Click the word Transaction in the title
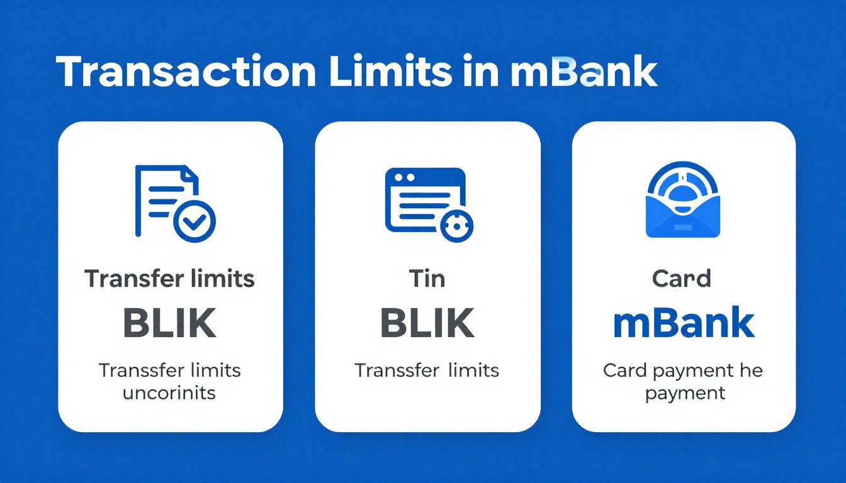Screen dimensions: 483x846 coord(185,74)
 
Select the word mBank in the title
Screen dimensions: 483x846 coord(583,74)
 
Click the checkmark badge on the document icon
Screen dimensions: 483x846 coord(195,221)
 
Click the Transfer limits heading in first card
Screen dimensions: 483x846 coord(170,279)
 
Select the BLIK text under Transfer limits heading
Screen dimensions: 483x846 coord(170,324)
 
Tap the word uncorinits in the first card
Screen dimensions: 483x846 coord(170,394)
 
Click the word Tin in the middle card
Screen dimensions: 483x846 coord(427,279)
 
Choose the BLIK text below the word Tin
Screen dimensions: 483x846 coord(427,324)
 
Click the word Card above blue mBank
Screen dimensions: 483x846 coord(682,279)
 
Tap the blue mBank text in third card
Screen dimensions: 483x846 coord(684,323)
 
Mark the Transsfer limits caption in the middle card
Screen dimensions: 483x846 coord(427,370)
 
